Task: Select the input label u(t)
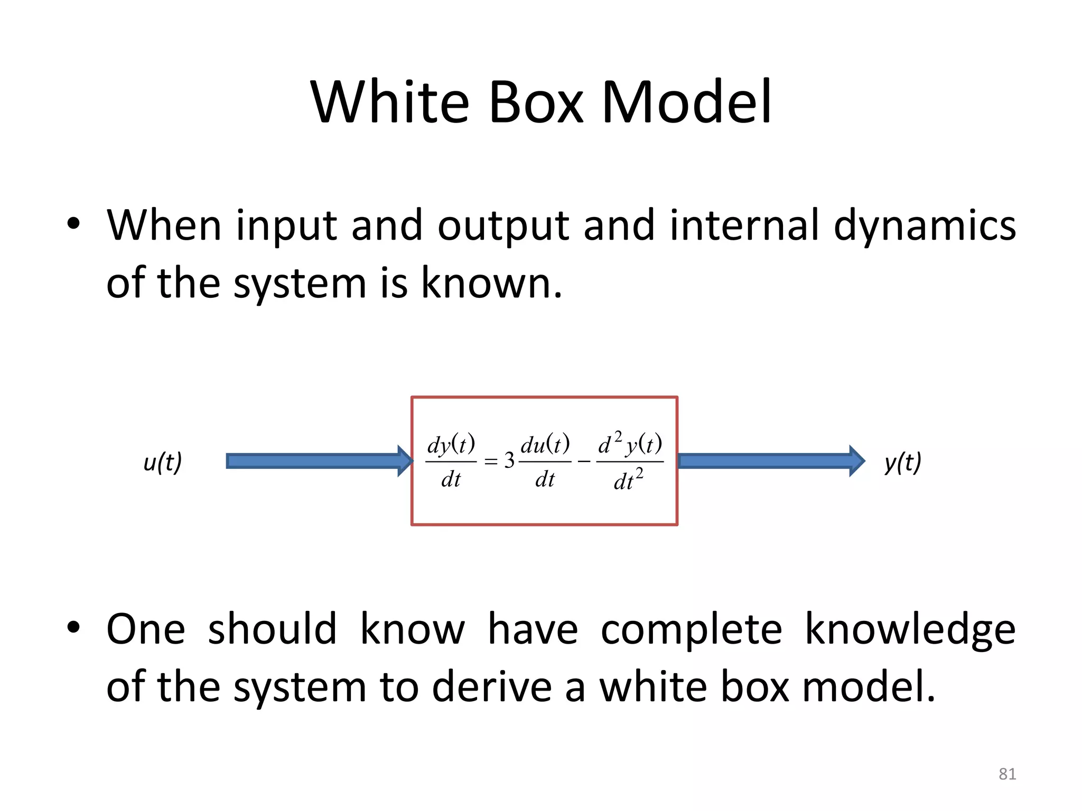tap(163, 462)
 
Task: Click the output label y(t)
tap(902, 462)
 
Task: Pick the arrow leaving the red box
tap(770, 461)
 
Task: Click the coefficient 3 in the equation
tap(509, 461)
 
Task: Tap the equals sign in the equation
tap(491, 462)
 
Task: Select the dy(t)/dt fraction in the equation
tap(451, 461)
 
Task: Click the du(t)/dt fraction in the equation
tap(545, 461)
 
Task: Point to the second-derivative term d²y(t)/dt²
tap(630, 461)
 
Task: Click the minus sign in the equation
tap(584, 462)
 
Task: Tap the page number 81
tap(1007, 774)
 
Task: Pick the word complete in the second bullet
tap(691, 629)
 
